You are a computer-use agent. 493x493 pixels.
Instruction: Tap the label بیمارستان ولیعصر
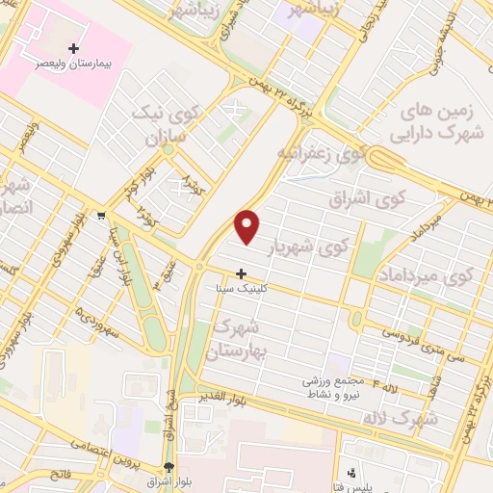tap(74, 62)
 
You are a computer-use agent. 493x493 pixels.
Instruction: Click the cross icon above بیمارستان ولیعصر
tap(74, 47)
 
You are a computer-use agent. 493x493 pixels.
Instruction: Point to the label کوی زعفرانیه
tap(322, 152)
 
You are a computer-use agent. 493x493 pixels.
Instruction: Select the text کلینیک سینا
tap(241, 288)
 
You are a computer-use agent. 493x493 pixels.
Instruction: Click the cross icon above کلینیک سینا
tap(241, 273)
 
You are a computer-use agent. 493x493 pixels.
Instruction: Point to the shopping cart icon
tap(102, 216)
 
